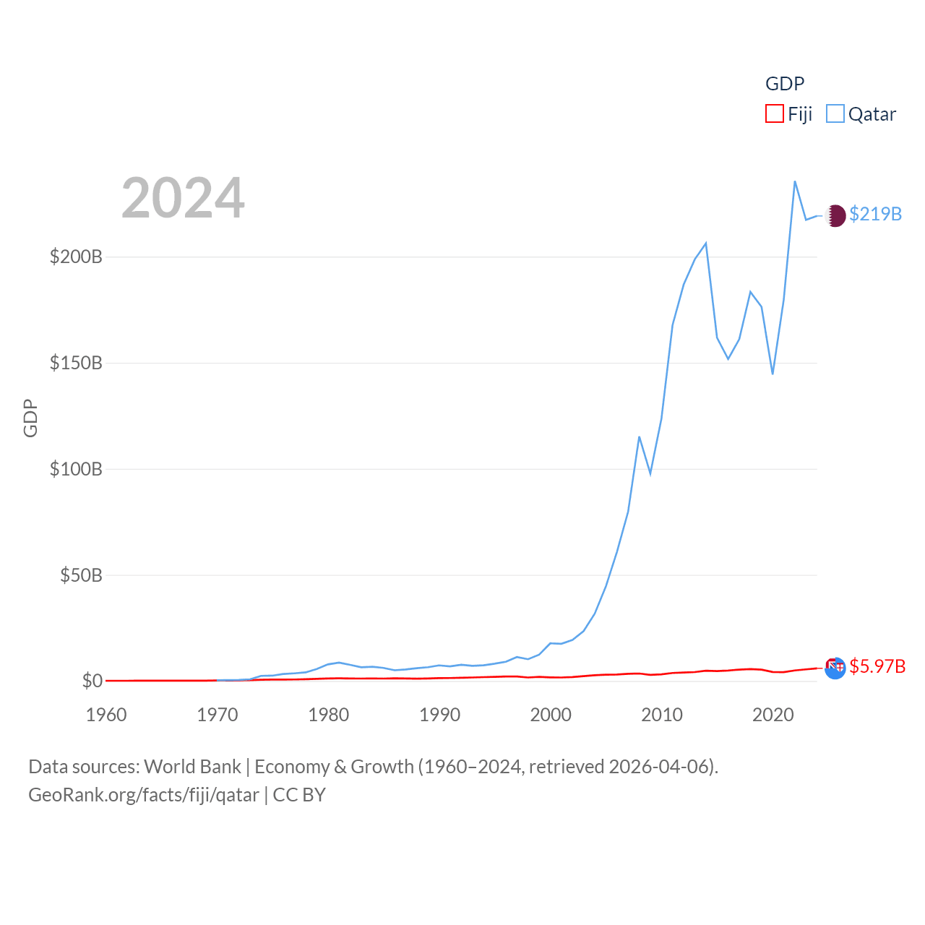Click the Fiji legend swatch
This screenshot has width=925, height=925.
(x=775, y=114)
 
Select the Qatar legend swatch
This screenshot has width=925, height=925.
(x=835, y=114)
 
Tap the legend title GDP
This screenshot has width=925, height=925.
(x=785, y=84)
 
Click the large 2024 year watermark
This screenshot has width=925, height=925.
(x=183, y=198)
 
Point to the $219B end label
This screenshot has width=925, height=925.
(x=875, y=214)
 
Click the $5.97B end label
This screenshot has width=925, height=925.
(x=877, y=666)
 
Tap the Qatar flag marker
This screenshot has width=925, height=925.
(x=835, y=215)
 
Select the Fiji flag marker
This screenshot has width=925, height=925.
(x=835, y=668)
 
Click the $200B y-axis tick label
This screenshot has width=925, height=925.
(x=76, y=257)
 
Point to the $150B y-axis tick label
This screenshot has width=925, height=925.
(x=76, y=363)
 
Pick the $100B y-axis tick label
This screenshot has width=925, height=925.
(x=76, y=469)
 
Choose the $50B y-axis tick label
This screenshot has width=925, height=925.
(x=81, y=575)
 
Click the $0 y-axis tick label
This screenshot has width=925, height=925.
(x=92, y=681)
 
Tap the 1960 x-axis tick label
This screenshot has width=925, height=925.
(x=106, y=715)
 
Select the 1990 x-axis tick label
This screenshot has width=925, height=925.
(x=439, y=715)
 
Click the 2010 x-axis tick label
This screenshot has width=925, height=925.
(x=662, y=715)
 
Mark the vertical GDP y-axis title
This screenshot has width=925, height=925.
(x=30, y=418)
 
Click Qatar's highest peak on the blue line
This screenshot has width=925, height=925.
(x=795, y=181)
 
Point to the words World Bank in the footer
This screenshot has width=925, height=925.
(x=192, y=766)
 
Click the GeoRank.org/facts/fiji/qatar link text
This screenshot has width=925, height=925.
(x=144, y=795)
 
